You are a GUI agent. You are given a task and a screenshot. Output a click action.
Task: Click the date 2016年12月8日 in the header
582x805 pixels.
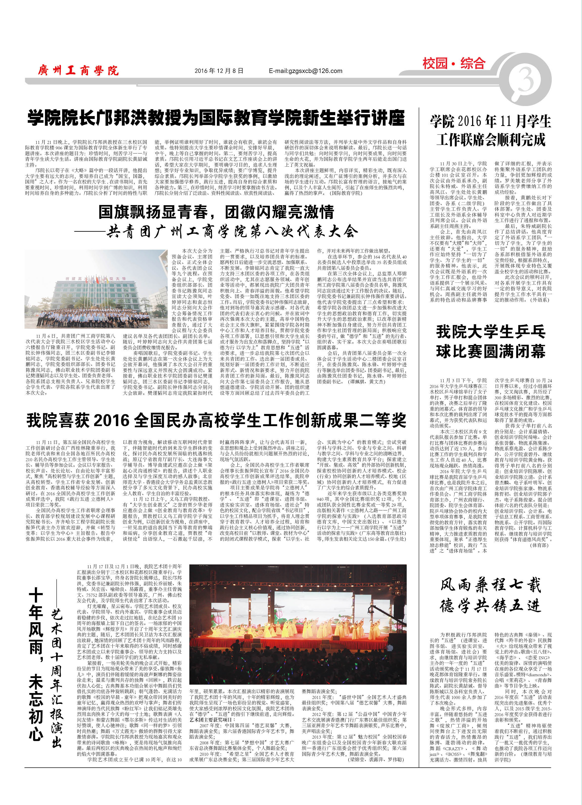point(219,71)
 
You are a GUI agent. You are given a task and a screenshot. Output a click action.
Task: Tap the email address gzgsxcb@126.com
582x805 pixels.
point(305,71)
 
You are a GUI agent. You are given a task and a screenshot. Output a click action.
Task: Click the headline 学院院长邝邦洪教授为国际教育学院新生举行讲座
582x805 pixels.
point(216,118)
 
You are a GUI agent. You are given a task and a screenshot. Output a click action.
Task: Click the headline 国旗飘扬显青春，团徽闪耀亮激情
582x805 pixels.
point(216,212)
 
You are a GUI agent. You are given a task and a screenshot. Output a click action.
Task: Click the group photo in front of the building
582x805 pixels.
point(96,289)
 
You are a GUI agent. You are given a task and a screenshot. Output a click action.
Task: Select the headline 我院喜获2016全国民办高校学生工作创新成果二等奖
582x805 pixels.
point(216,421)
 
